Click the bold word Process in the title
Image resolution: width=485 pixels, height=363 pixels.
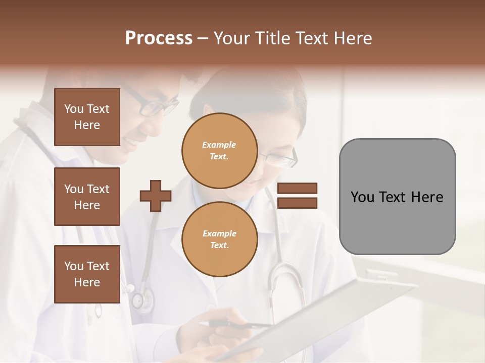[x=159, y=38]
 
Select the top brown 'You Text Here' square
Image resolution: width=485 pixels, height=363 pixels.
[x=87, y=117]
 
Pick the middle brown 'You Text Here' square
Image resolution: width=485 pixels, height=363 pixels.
[x=87, y=197]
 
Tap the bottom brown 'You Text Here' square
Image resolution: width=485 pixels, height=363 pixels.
[x=87, y=274]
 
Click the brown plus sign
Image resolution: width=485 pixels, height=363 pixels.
[x=156, y=196]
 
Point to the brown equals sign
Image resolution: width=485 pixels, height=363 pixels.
[x=297, y=196]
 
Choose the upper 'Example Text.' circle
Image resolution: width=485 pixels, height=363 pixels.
[x=219, y=150]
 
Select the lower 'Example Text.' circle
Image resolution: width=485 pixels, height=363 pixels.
[x=219, y=239]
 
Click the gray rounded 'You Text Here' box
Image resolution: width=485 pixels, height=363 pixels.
[x=397, y=197]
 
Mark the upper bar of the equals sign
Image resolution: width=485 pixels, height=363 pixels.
[x=297, y=189]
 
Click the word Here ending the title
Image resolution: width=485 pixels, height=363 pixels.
[x=354, y=38]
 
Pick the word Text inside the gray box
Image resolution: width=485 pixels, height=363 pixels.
[x=397, y=197]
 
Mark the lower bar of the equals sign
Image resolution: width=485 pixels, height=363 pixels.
[x=297, y=203]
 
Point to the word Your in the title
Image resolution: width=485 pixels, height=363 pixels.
[x=231, y=38]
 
